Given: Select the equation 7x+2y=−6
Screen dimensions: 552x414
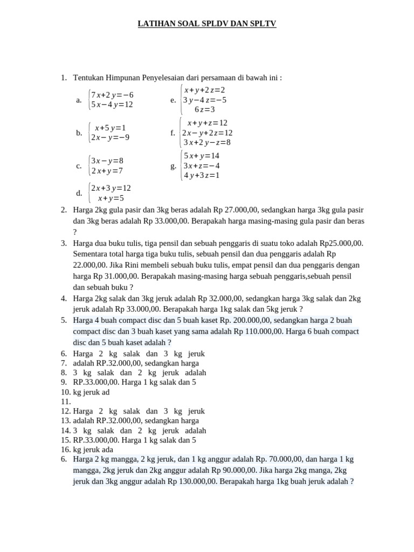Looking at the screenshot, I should pyautogui.click(x=112, y=95).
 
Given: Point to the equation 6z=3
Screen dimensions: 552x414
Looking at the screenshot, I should pyautogui.click(x=204, y=109).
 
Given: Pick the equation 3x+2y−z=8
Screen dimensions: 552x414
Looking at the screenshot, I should pyautogui.click(x=207, y=142).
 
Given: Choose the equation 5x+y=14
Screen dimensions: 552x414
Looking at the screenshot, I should pyautogui.click(x=202, y=156).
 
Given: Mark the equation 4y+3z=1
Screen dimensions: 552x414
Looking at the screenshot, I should pyautogui.click(x=202, y=175).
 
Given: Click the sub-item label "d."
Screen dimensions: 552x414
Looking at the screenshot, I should pyautogui.click(x=79, y=193).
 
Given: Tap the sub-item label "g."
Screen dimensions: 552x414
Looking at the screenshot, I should pyautogui.click(x=173, y=166).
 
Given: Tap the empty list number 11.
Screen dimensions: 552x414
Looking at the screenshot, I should pyautogui.click(x=66, y=402).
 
